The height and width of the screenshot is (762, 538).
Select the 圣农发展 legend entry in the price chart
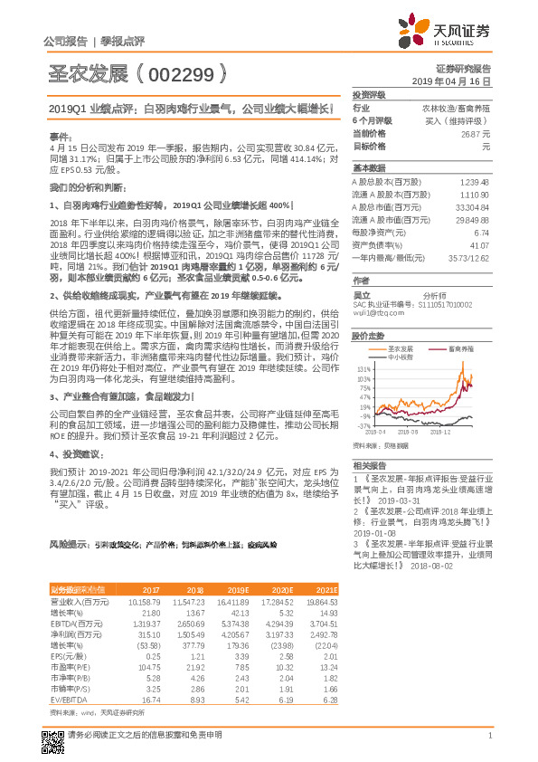tap(398, 347)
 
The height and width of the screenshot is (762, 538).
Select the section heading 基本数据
tap(368, 168)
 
